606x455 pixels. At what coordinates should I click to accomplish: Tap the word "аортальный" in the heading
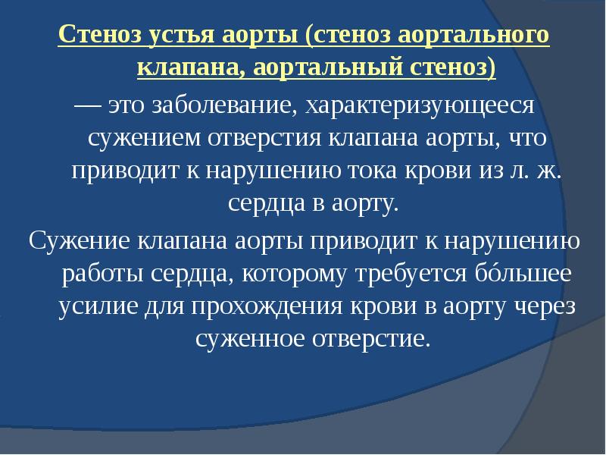tap(320, 69)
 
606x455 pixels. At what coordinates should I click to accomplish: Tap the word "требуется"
tap(406, 273)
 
